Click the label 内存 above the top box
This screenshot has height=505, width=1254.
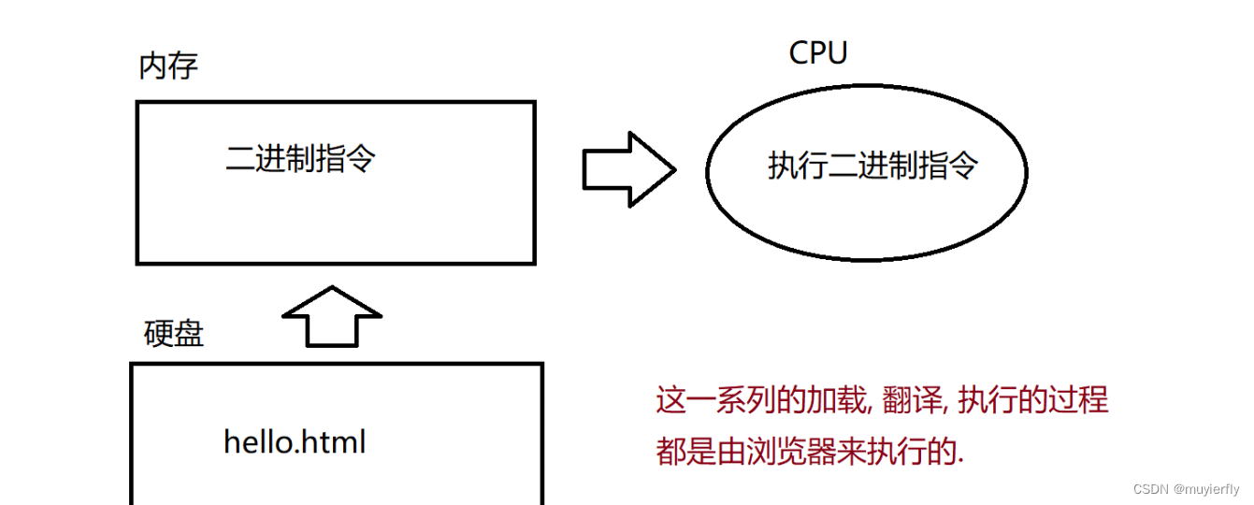[168, 66]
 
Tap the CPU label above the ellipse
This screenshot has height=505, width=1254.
[817, 52]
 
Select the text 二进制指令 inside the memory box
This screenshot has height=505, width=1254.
[300, 159]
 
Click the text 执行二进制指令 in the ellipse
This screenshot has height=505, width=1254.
[872, 166]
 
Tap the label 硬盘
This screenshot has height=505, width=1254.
[174, 333]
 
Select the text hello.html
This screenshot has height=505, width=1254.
[295, 441]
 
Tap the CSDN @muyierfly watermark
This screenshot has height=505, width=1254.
[1186, 489]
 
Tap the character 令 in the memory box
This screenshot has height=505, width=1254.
[360, 159]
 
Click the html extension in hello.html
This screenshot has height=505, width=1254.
[335, 441]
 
